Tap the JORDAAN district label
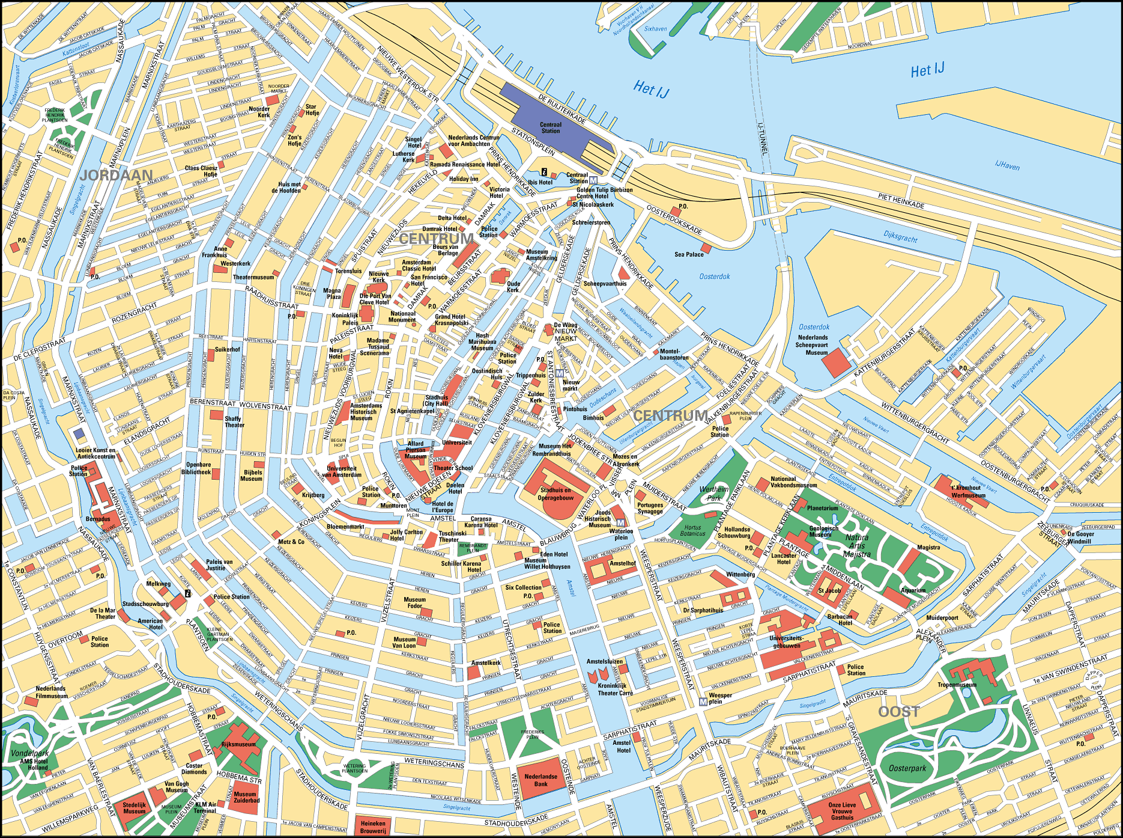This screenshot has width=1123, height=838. tap(116, 175)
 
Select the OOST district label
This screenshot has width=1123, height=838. tap(898, 712)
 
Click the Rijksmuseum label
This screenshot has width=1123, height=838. tap(238, 744)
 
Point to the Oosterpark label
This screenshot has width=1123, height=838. tap(907, 768)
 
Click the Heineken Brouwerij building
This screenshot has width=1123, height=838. tap(373, 826)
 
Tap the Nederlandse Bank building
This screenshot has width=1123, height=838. tap(540, 780)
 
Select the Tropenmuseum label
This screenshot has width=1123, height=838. tap(957, 685)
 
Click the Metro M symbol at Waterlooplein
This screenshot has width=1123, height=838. tap(620, 522)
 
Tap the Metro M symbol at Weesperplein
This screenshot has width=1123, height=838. tap(703, 702)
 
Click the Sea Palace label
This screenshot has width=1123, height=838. tap(689, 254)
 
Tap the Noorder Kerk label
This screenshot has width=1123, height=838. tap(259, 112)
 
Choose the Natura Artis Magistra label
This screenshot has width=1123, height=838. tap(857, 546)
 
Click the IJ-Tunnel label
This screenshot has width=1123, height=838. tap(762, 139)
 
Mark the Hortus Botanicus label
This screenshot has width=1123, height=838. tap(692, 530)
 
